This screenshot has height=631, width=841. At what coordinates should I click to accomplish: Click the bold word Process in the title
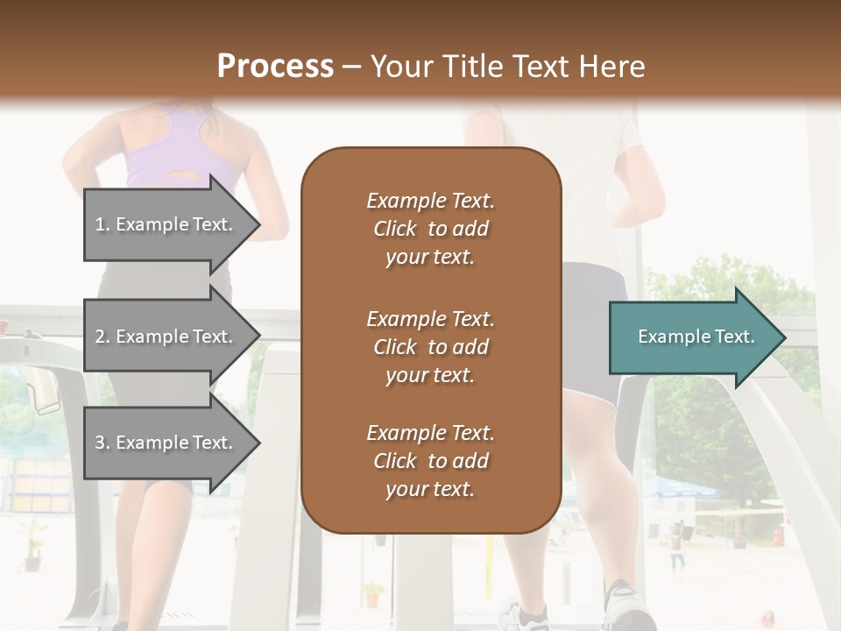(275, 67)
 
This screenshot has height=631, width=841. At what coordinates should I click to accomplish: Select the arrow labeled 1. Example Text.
(166, 224)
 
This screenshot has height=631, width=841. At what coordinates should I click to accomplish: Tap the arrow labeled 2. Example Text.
(166, 337)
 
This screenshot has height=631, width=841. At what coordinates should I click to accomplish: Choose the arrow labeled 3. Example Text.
(166, 443)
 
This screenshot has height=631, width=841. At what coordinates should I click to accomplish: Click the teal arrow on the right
(692, 337)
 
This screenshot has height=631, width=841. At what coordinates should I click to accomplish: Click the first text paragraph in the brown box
(430, 228)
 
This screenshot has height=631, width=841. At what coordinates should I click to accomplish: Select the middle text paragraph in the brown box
(430, 346)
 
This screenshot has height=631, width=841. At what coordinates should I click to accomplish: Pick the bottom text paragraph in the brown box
(430, 461)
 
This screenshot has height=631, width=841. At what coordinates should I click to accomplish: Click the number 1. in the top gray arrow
(102, 225)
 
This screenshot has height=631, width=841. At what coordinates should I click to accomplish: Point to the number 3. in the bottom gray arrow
(102, 443)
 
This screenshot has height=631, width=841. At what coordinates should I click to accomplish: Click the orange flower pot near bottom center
(372, 597)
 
